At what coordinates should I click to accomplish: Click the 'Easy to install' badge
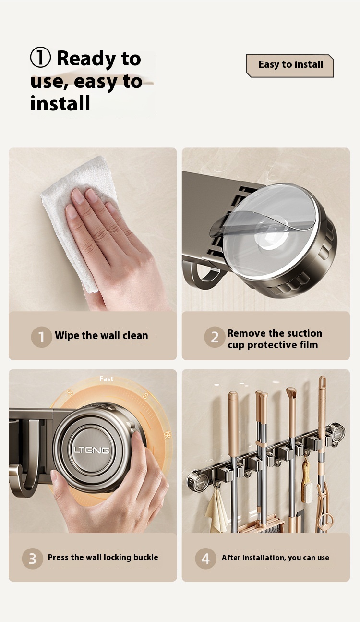[x=290, y=65]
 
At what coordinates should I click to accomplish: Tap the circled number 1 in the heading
[x=40, y=58]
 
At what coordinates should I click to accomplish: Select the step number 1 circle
[x=41, y=337]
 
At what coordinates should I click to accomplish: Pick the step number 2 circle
[x=215, y=337]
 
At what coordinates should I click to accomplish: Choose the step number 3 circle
[x=33, y=559]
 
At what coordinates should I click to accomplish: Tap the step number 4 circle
[x=205, y=559]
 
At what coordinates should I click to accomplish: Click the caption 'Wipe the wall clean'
[x=101, y=335]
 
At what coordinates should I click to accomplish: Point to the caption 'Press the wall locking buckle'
[x=103, y=557]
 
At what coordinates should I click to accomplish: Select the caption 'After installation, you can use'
[x=276, y=558]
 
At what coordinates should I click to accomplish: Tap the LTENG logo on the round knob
[x=91, y=450]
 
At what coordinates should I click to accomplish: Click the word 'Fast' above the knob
[x=106, y=379]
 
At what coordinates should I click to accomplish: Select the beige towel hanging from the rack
[x=217, y=511]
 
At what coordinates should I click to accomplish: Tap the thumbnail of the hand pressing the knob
[x=93, y=451]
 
